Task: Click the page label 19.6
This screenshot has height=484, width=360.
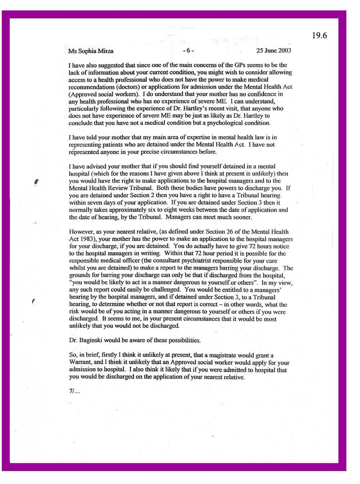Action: click(319, 35)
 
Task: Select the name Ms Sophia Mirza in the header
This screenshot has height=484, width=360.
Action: click(91, 51)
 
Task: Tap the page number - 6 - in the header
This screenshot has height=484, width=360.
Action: click(188, 51)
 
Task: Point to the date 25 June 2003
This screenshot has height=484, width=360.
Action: click(274, 50)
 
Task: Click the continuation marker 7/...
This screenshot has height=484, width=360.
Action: click(74, 392)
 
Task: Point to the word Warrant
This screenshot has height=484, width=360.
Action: click(80, 362)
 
